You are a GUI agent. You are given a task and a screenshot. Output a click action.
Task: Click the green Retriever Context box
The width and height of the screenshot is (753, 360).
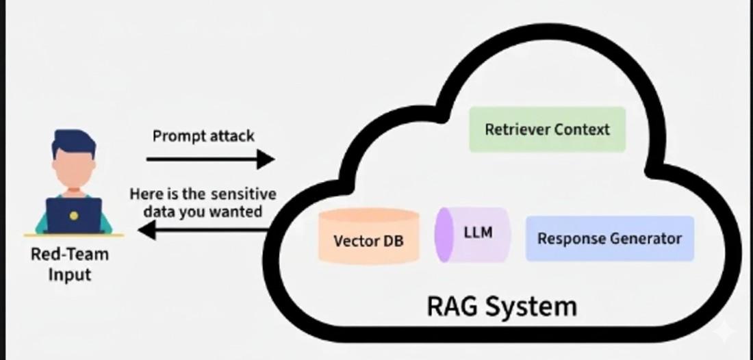547,129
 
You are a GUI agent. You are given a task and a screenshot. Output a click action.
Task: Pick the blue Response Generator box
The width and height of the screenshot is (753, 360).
609,238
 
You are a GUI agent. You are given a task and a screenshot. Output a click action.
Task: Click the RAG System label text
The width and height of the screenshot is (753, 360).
502,305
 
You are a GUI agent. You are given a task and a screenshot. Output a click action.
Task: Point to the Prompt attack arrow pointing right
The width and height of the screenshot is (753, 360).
210,159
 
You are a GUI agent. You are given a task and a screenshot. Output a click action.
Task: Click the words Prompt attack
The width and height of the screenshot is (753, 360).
203,136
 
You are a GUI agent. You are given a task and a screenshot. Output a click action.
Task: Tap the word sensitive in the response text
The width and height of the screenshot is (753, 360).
244,194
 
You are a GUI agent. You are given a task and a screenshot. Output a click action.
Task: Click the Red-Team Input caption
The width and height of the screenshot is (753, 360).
70,265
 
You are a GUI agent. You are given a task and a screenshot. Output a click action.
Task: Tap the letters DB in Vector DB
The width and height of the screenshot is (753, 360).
393,241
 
